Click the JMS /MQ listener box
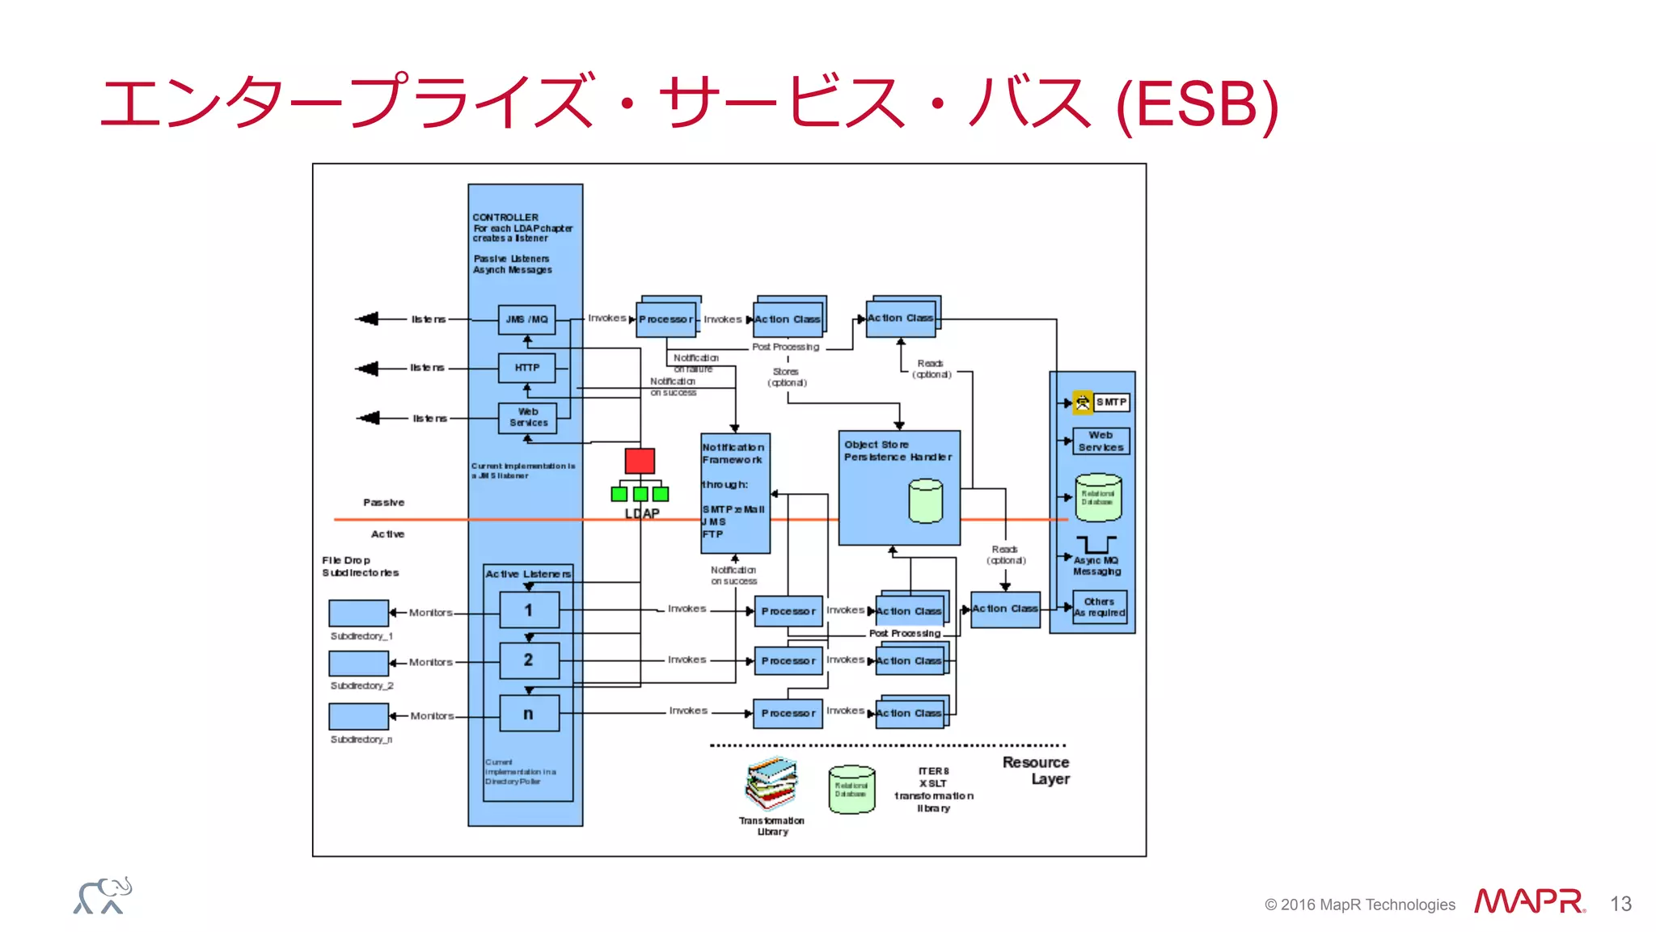(526, 319)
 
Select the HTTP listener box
(526, 368)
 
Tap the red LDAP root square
(640, 461)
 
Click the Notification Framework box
(735, 492)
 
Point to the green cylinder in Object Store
(925, 500)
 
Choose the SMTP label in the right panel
(1111, 402)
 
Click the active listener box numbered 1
(529, 610)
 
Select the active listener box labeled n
(529, 714)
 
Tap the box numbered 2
(529, 660)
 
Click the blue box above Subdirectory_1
(358, 613)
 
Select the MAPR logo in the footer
(1528, 901)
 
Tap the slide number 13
(1620, 904)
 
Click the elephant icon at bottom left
(103, 896)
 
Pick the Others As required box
(1100, 607)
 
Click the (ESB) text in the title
(1197, 104)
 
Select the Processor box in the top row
(666, 319)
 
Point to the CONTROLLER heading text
(505, 217)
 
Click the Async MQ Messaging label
(1096, 566)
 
